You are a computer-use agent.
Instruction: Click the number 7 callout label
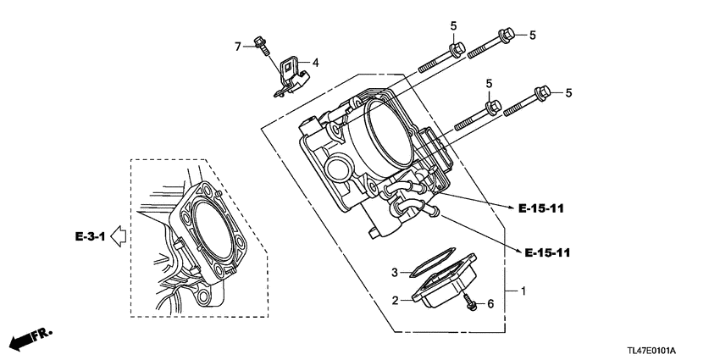(x=239, y=46)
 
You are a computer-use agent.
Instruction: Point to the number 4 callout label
(x=315, y=63)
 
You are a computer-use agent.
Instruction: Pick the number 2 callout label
(x=395, y=300)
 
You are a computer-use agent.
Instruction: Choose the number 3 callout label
(x=395, y=272)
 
